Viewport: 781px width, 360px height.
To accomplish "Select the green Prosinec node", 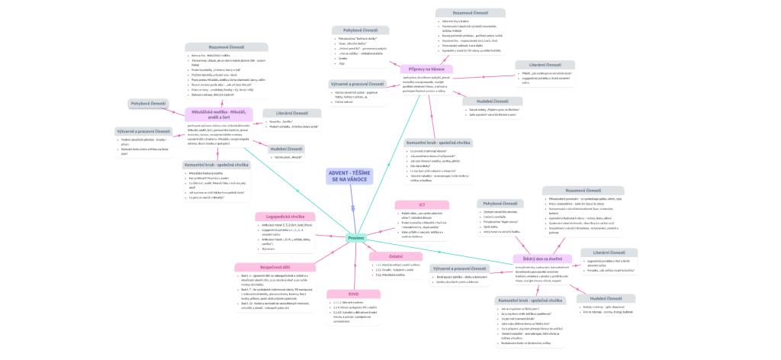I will [356, 238].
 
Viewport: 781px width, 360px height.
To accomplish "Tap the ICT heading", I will [420, 204].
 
